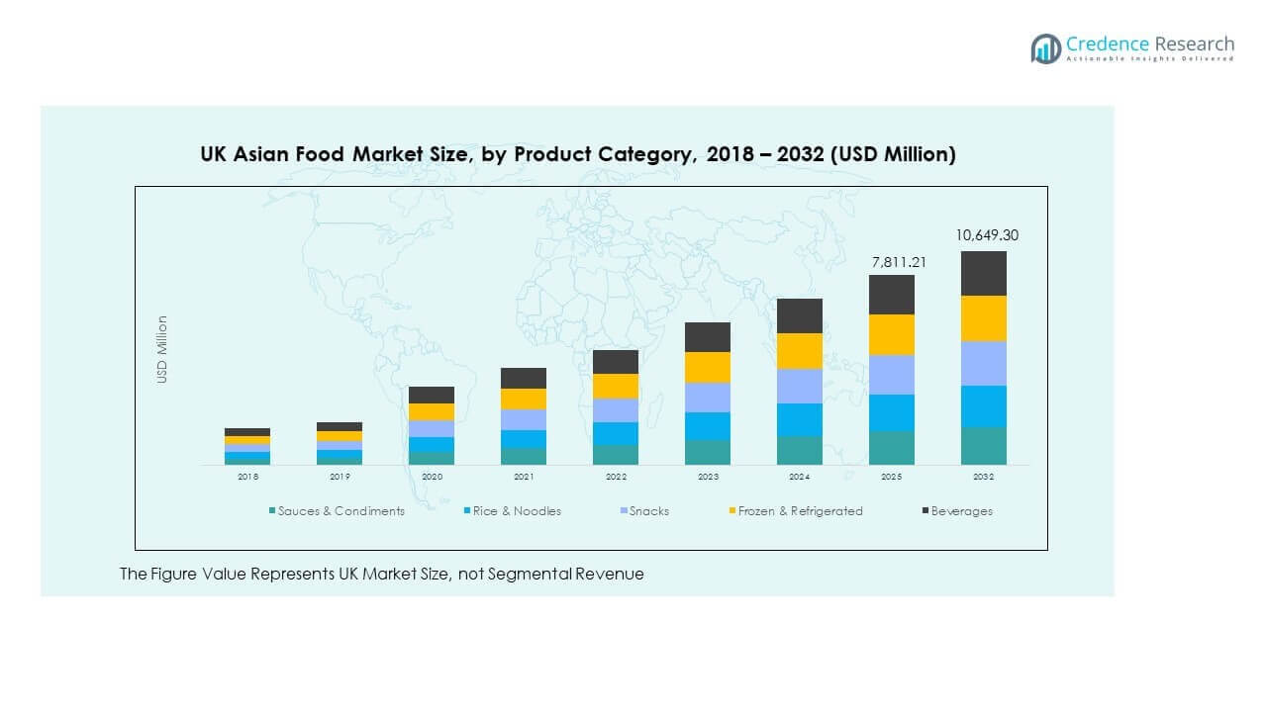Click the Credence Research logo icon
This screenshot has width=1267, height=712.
pyautogui.click(x=1045, y=47)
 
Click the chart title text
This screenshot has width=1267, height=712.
pyautogui.click(x=578, y=154)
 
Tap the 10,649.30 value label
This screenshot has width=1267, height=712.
pyautogui.click(x=986, y=235)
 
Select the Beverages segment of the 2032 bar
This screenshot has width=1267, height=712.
pyautogui.click(x=984, y=273)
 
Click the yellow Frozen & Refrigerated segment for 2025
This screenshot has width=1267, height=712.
pyautogui.click(x=892, y=334)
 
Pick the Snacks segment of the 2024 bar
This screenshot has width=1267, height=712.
pyautogui.click(x=800, y=386)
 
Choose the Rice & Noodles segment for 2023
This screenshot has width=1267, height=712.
pyautogui.click(x=708, y=426)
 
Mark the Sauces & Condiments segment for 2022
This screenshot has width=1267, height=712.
pyautogui.click(x=616, y=454)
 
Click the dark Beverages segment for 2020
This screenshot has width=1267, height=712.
pyautogui.click(x=432, y=395)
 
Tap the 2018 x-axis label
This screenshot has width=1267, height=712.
pyautogui.click(x=247, y=477)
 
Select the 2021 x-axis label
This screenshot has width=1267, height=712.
pyautogui.click(x=524, y=477)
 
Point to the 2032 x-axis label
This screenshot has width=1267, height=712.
pyautogui.click(x=984, y=477)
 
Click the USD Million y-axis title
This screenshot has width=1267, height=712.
pyautogui.click(x=162, y=349)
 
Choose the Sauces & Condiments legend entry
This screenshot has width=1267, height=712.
pyautogui.click(x=338, y=511)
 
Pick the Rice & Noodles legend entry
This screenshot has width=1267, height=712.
pyautogui.click(x=513, y=511)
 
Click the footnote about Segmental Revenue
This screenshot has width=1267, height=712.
pyautogui.click(x=382, y=574)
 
